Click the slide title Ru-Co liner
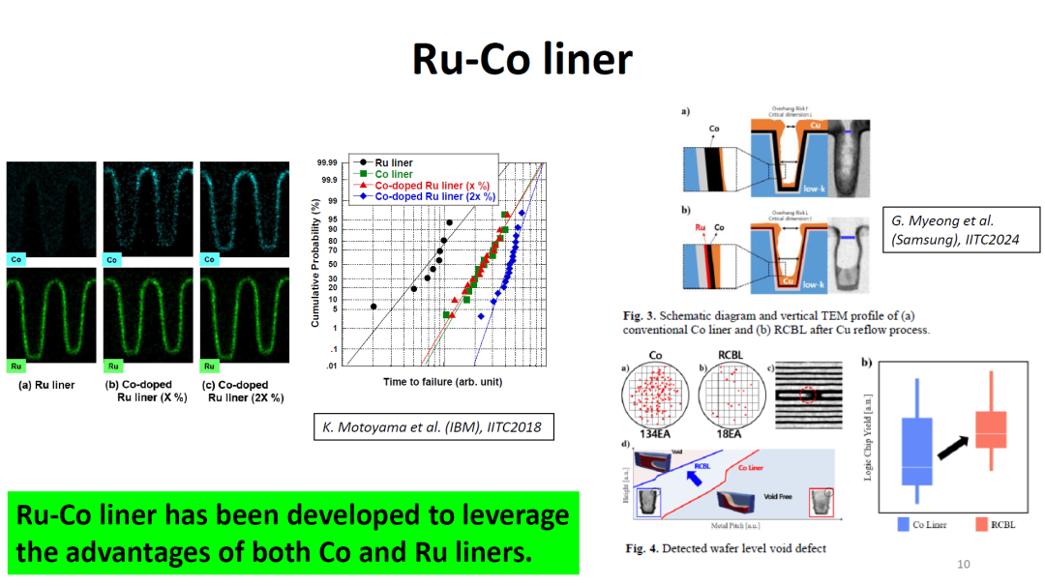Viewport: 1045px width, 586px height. pyautogui.click(x=522, y=59)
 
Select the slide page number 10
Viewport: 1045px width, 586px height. pyautogui.click(x=963, y=565)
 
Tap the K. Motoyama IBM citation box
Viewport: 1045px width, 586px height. pyautogui.click(x=433, y=427)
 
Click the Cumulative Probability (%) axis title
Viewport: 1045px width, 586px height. pyautogui.click(x=315, y=262)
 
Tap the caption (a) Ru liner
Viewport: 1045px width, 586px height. pyautogui.click(x=47, y=385)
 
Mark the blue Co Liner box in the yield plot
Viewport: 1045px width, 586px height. pyautogui.click(x=917, y=451)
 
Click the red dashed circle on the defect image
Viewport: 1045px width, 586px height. pyautogui.click(x=807, y=395)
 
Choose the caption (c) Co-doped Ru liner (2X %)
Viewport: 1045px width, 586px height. pyautogui.click(x=243, y=391)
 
